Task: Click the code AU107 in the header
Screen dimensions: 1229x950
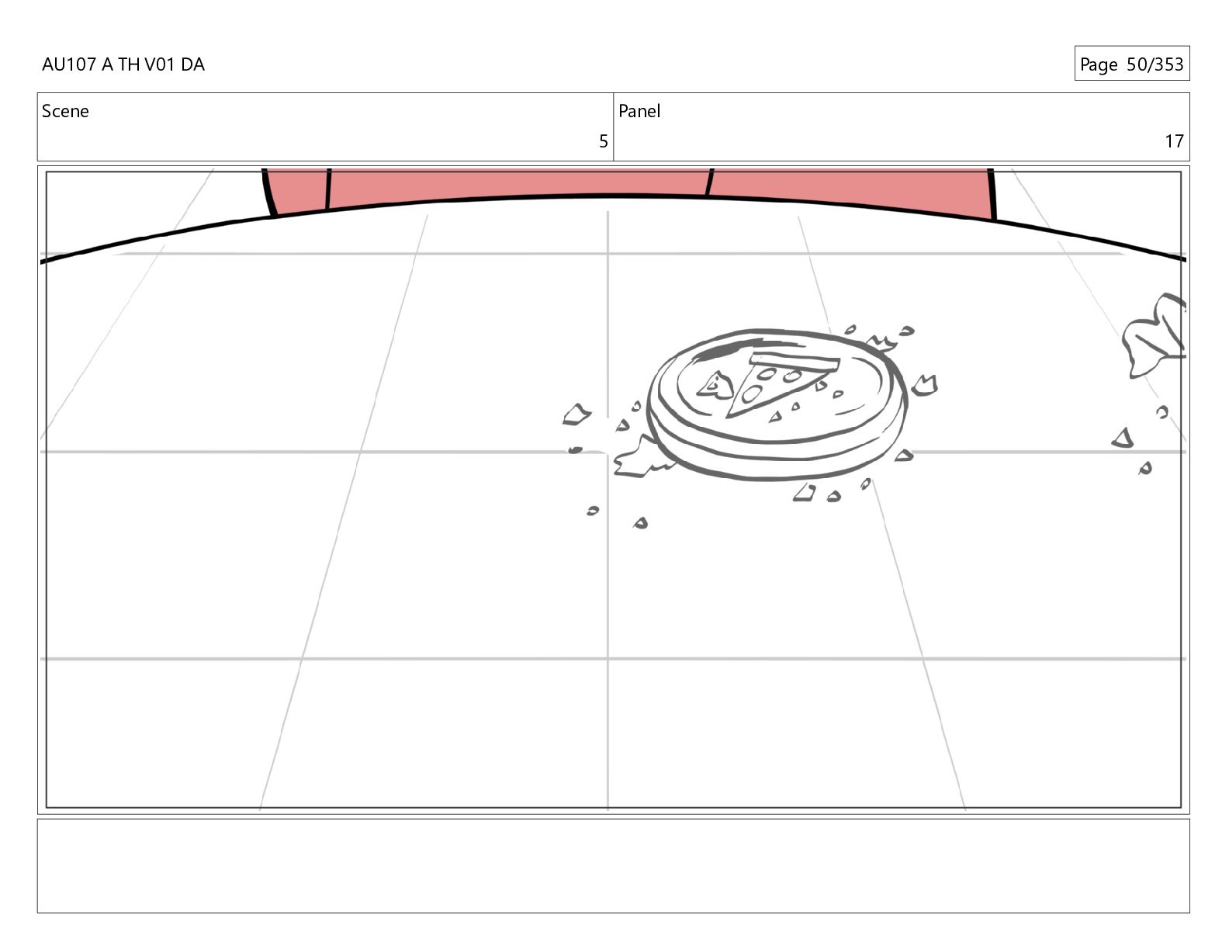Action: click(x=69, y=64)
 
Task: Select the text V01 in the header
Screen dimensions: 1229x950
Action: click(x=159, y=64)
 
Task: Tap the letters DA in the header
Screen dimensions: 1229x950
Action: click(x=192, y=64)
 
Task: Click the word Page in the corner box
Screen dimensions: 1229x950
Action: click(x=1099, y=65)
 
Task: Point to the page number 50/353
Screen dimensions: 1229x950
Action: click(x=1155, y=64)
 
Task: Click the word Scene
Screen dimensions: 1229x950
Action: click(x=65, y=111)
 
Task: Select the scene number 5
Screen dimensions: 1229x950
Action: click(x=604, y=141)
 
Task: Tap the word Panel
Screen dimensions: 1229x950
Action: click(x=639, y=111)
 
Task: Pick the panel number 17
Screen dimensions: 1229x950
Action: click(x=1174, y=141)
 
